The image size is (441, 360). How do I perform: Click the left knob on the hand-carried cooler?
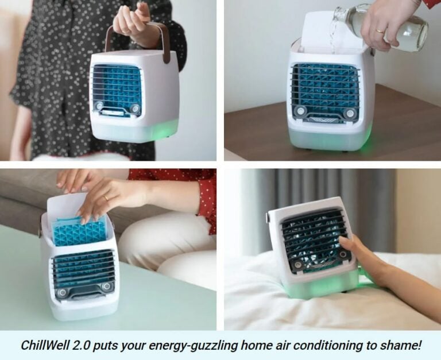tap(99, 106)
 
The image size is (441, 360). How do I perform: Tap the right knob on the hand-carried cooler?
tap(136, 109)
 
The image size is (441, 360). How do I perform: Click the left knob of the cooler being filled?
tap(300, 111)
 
